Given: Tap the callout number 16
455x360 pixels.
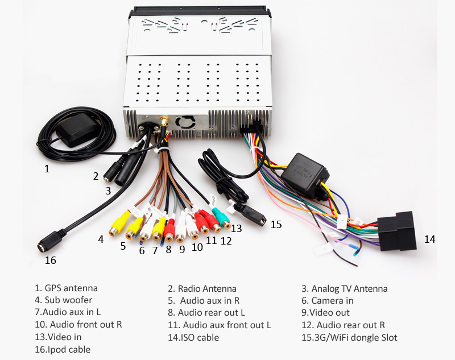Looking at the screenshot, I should [x=51, y=260].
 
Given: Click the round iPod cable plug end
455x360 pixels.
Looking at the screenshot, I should [x=47, y=243].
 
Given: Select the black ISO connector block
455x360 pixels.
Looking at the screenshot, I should [x=398, y=231].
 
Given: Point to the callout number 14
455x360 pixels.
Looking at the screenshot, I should [x=429, y=239].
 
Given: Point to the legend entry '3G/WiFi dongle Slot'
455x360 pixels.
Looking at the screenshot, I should [x=349, y=337].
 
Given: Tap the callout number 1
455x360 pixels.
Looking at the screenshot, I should [x=47, y=168].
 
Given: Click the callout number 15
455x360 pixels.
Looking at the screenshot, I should [x=276, y=225].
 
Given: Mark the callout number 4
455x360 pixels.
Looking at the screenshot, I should [x=101, y=239].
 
